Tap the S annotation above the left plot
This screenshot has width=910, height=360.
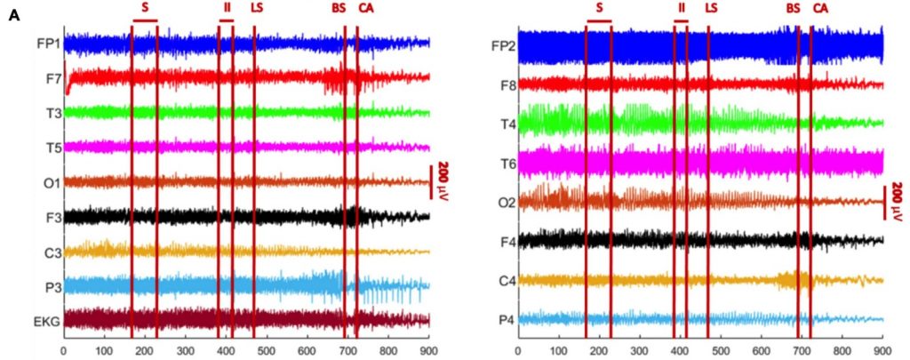145,8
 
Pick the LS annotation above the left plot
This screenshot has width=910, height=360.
257,8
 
